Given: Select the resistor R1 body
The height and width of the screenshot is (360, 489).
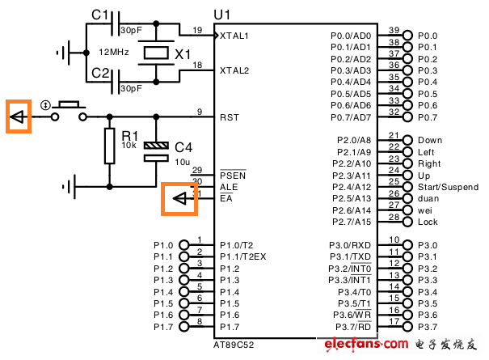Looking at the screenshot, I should tap(108, 146).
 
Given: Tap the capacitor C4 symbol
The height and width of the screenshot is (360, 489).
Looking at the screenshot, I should tap(155, 150).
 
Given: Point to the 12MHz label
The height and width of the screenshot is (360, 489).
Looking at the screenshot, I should tap(113, 52).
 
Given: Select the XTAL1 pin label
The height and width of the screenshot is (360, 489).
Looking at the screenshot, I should tap(235, 36).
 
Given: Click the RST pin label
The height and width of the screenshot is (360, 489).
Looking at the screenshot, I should tap(229, 117).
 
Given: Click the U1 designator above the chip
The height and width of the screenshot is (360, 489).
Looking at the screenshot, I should tap(221, 14).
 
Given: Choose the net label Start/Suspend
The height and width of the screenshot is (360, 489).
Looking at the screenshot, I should tap(448, 187).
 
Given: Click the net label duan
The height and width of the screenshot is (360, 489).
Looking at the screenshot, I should tap(429, 198).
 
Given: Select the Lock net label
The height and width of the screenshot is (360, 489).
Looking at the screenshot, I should tap(428, 222).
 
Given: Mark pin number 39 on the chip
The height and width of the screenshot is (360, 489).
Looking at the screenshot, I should tap(394, 30).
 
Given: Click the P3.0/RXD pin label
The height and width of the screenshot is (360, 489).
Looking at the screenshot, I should tap(351, 245).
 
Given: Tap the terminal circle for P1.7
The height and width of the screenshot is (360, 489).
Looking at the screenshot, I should tap(183, 326).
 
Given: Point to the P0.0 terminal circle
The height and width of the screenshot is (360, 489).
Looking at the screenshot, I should tap(407, 36).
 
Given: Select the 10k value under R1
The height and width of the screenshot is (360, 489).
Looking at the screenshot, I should tap(129, 146).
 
